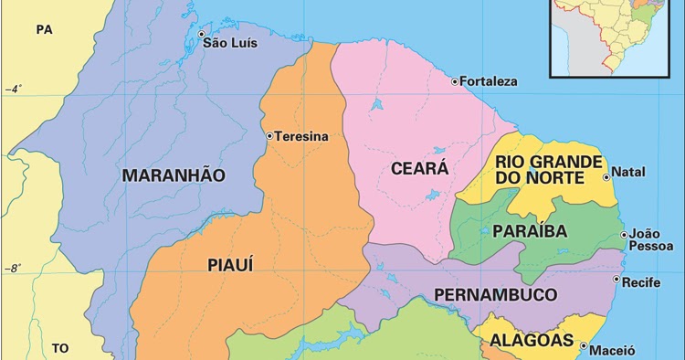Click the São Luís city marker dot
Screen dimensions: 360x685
coord(203,35)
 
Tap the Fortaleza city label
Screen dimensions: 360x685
coord(489,81)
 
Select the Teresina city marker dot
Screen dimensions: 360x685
coord(269,136)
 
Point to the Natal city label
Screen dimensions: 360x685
coord(627,172)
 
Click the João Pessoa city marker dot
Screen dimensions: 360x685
coord(624,235)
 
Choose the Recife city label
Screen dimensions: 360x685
coord(640,282)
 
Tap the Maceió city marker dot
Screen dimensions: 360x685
coord(584,346)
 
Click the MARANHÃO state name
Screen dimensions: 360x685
coord(173,175)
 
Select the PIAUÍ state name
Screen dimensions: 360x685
coord(230,265)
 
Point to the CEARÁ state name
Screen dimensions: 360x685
coord(419,168)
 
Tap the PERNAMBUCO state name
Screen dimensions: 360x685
coord(495,294)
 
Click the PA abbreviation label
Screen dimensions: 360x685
coord(45,29)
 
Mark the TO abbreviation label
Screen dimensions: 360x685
coord(60,348)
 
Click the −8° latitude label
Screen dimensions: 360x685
coord(13,269)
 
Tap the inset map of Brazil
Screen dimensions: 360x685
coord(616,37)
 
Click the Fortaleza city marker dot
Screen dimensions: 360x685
coord(455,81)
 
